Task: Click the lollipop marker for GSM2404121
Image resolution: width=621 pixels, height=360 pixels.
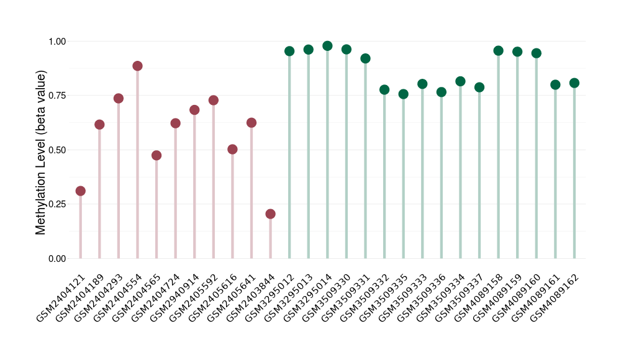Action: point(80,191)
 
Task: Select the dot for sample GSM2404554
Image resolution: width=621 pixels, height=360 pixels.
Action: point(137,66)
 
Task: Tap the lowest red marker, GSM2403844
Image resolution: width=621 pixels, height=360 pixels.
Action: point(270,214)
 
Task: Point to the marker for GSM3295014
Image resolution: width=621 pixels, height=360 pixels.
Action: point(327,46)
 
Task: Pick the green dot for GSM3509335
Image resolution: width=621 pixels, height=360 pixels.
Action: point(404,94)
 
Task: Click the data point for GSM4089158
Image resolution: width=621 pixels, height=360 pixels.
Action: point(498,51)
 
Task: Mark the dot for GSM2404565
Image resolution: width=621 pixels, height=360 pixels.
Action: point(156,155)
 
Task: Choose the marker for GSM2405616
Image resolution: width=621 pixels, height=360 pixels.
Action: point(232,150)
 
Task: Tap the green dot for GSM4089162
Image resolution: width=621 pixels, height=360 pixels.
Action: point(574,83)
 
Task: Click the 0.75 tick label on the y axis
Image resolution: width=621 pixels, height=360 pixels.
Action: point(58,96)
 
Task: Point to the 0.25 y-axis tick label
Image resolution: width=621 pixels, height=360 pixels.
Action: point(58,204)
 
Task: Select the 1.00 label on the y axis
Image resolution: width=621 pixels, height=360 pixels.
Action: point(58,42)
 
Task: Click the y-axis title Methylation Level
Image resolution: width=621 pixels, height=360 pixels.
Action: point(41,153)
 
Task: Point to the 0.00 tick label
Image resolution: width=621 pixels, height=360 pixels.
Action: point(58,259)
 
